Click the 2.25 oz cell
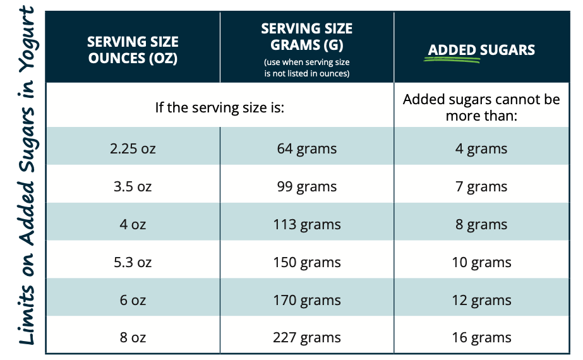[x=133, y=149]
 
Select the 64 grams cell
[x=306, y=149]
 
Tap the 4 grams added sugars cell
[x=481, y=149]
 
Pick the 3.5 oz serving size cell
[x=133, y=187]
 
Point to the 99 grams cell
[x=306, y=187]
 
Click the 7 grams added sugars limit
[x=481, y=187]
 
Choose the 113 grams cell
[x=306, y=225]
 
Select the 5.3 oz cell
[x=133, y=263]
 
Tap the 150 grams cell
[x=306, y=263]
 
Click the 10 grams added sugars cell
[x=481, y=263]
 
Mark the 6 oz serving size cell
[x=133, y=300]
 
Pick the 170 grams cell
[x=306, y=300]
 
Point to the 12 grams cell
[x=481, y=300]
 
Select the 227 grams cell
[x=306, y=338]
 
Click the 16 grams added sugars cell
[x=481, y=338]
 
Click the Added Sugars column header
[x=481, y=50]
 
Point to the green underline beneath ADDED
[x=452, y=61]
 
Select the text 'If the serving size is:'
[x=220, y=107]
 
